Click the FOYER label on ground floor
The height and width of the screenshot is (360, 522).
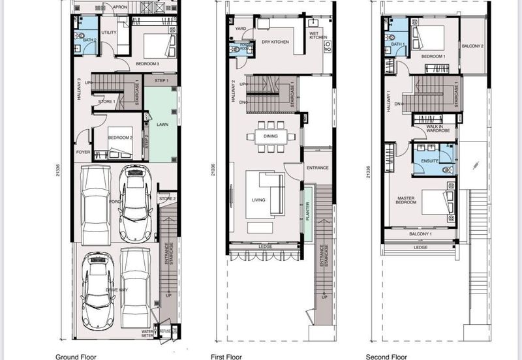pyautogui.click(x=83, y=152)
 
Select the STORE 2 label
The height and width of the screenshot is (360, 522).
pyautogui.click(x=167, y=198)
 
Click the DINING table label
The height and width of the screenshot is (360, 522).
pyautogui.click(x=270, y=136)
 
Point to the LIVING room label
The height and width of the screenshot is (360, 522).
pyautogui.click(x=258, y=200)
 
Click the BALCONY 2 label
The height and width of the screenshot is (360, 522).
pyautogui.click(x=473, y=46)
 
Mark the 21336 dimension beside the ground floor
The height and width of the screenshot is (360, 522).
pyautogui.click(x=59, y=170)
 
